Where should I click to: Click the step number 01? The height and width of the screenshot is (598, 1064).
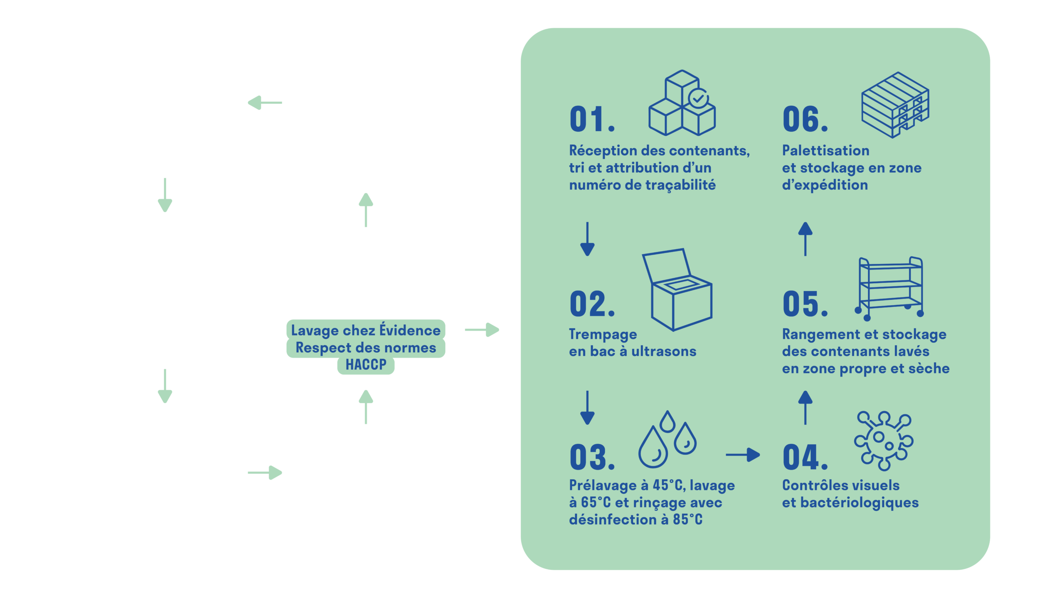click(592, 120)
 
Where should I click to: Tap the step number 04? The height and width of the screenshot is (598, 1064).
click(805, 458)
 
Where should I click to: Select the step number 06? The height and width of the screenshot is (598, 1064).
click(805, 120)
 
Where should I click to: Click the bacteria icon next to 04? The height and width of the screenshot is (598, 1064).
click(884, 441)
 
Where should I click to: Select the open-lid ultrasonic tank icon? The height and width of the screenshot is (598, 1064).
click(677, 289)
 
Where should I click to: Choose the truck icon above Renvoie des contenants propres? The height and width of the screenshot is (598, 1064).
click(365, 102)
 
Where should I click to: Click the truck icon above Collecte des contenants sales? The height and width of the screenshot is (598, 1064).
click(365, 468)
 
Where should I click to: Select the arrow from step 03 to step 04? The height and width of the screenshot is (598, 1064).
click(743, 455)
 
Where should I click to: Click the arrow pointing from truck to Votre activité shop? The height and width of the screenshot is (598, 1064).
click(265, 103)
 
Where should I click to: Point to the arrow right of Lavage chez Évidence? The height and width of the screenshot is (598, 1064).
click(482, 330)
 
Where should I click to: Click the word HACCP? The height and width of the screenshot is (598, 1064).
click(366, 365)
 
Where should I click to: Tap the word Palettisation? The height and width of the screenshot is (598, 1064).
click(825, 150)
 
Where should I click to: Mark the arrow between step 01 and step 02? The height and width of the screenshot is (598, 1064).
click(587, 239)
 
